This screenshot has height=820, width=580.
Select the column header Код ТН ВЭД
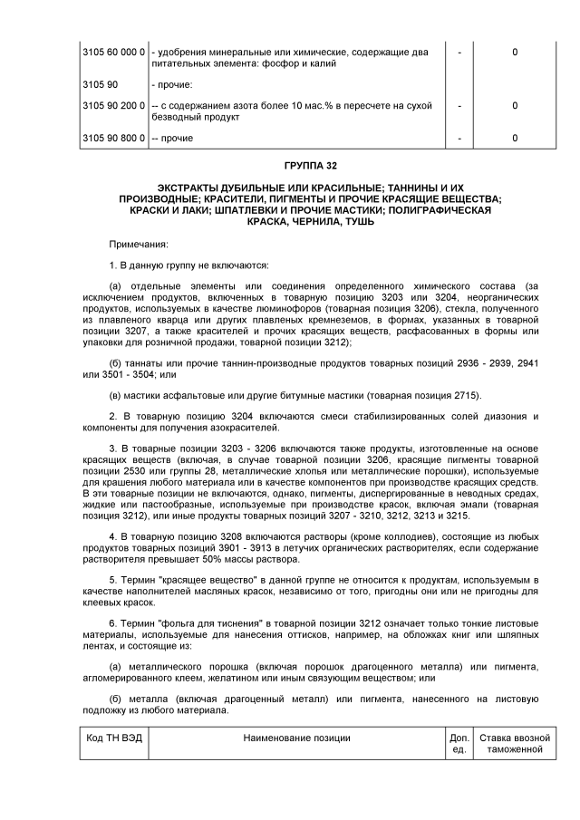tap(108, 738)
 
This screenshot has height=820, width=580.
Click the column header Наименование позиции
tap(296, 738)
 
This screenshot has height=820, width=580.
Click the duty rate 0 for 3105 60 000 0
tap(515, 53)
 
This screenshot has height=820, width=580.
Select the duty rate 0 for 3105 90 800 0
tap(515, 139)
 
